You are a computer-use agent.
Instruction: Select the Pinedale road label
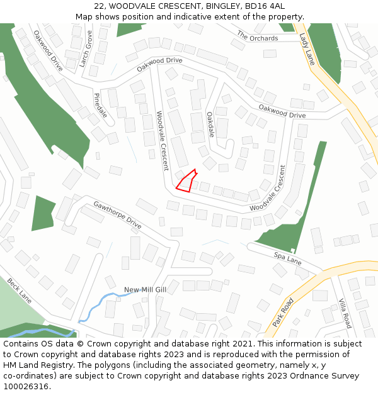point(101,106)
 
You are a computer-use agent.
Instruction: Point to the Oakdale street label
point(210,125)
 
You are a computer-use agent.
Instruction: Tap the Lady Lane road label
point(307,49)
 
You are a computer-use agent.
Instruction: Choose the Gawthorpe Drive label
point(118,214)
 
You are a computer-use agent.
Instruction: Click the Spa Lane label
point(287,258)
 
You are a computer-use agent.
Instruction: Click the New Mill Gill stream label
point(145,290)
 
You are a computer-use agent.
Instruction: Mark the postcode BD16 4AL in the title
point(267,6)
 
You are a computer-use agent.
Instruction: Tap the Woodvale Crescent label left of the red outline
point(163,141)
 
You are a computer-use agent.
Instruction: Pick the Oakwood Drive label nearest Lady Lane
point(282,112)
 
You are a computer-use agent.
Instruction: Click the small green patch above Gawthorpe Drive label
point(43,213)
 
